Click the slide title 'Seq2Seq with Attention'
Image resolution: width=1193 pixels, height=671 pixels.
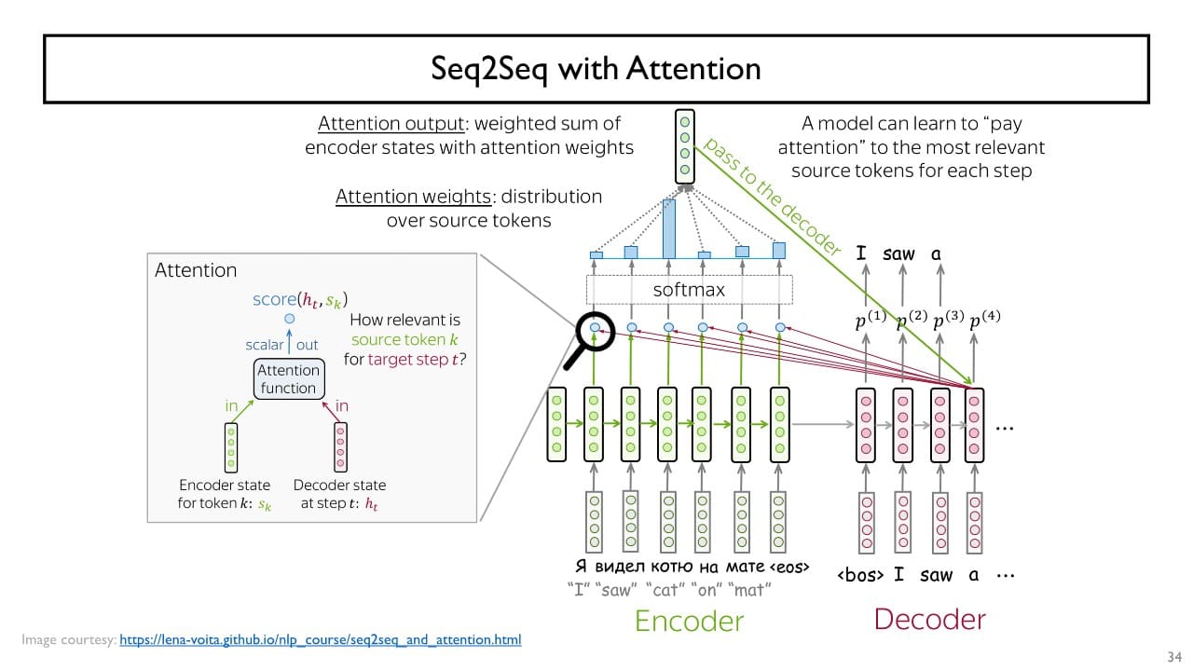pos(596,68)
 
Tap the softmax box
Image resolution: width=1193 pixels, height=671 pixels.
pos(689,289)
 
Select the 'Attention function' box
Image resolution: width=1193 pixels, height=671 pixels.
pos(288,379)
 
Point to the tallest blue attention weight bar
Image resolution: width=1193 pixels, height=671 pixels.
pos(668,228)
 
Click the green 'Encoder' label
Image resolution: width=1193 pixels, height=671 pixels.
pos(689,621)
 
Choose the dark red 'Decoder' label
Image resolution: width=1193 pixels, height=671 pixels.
pos(929,619)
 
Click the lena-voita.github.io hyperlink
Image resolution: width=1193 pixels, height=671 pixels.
pos(321,640)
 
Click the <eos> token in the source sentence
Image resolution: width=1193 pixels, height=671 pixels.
pos(790,567)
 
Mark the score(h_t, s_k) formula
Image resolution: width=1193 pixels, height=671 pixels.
pos(299,300)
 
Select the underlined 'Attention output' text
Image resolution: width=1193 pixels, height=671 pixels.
pos(376,124)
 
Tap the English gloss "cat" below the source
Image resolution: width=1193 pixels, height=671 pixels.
pos(665,589)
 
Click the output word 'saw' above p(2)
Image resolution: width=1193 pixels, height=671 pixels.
pos(898,253)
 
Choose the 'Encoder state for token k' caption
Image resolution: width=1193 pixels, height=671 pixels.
pos(225,494)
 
